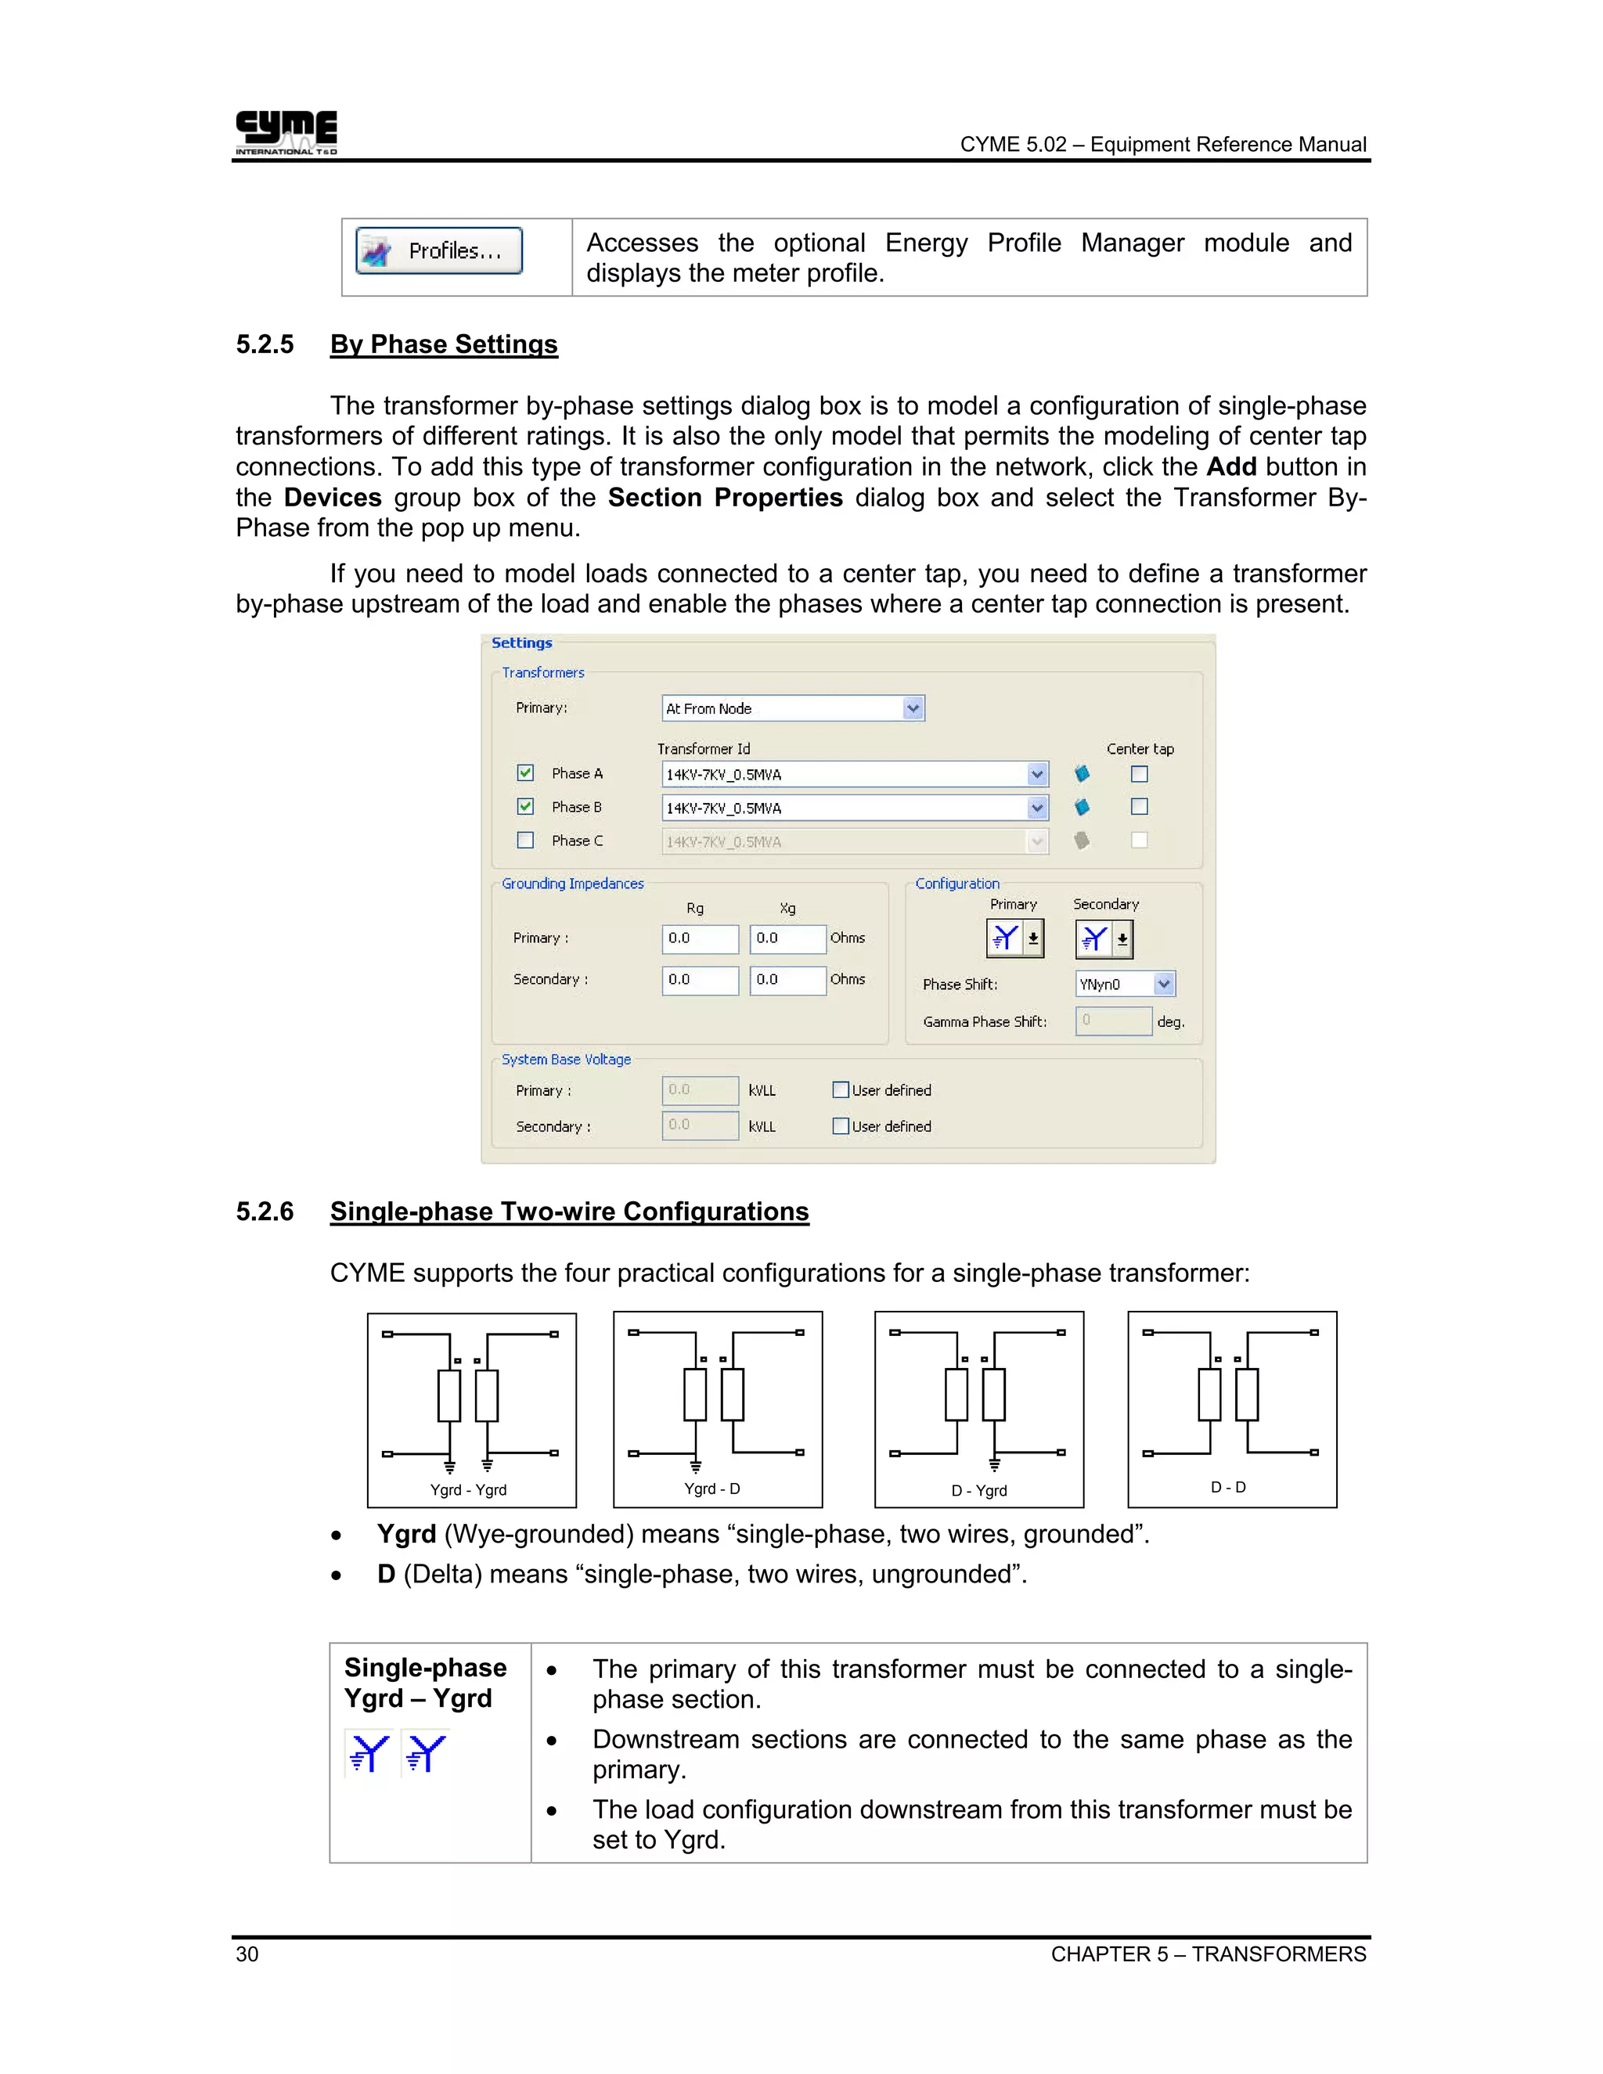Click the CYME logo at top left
pos(286,132)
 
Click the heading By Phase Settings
pos(444,344)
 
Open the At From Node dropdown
pos(913,708)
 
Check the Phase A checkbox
pos(525,773)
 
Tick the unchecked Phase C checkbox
pos(525,841)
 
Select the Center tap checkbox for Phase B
pos(1140,807)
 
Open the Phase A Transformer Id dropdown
pos(1037,775)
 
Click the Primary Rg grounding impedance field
pos(700,938)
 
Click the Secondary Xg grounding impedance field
pos(787,979)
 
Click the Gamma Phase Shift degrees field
pos(1113,1021)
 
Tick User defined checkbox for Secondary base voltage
pos(841,1126)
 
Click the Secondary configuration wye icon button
pos(1094,939)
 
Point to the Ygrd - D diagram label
pos(712,1489)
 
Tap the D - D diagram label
pos(1228,1487)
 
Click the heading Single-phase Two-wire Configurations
pos(569,1212)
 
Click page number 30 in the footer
pos(247,1954)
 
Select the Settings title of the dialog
pos(521,643)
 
